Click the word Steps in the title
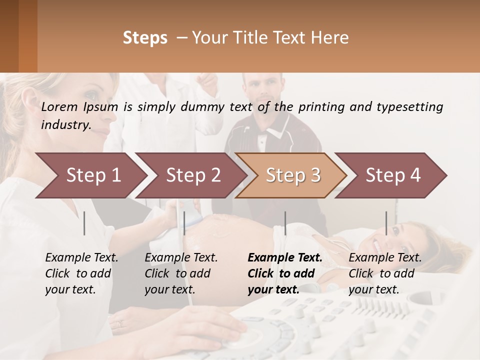tap(145, 38)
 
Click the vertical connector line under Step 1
tap(84, 223)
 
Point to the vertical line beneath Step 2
tap(184, 223)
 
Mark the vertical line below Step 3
tap(285, 223)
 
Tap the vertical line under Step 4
tap(386, 223)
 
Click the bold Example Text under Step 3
tap(285, 273)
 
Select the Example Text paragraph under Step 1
tap(81, 273)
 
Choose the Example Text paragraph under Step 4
tap(385, 273)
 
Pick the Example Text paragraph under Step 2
tap(181, 273)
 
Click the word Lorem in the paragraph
tap(59, 106)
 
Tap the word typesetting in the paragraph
tap(413, 107)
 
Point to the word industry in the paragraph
tap(65, 124)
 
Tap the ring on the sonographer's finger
tap(119, 323)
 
